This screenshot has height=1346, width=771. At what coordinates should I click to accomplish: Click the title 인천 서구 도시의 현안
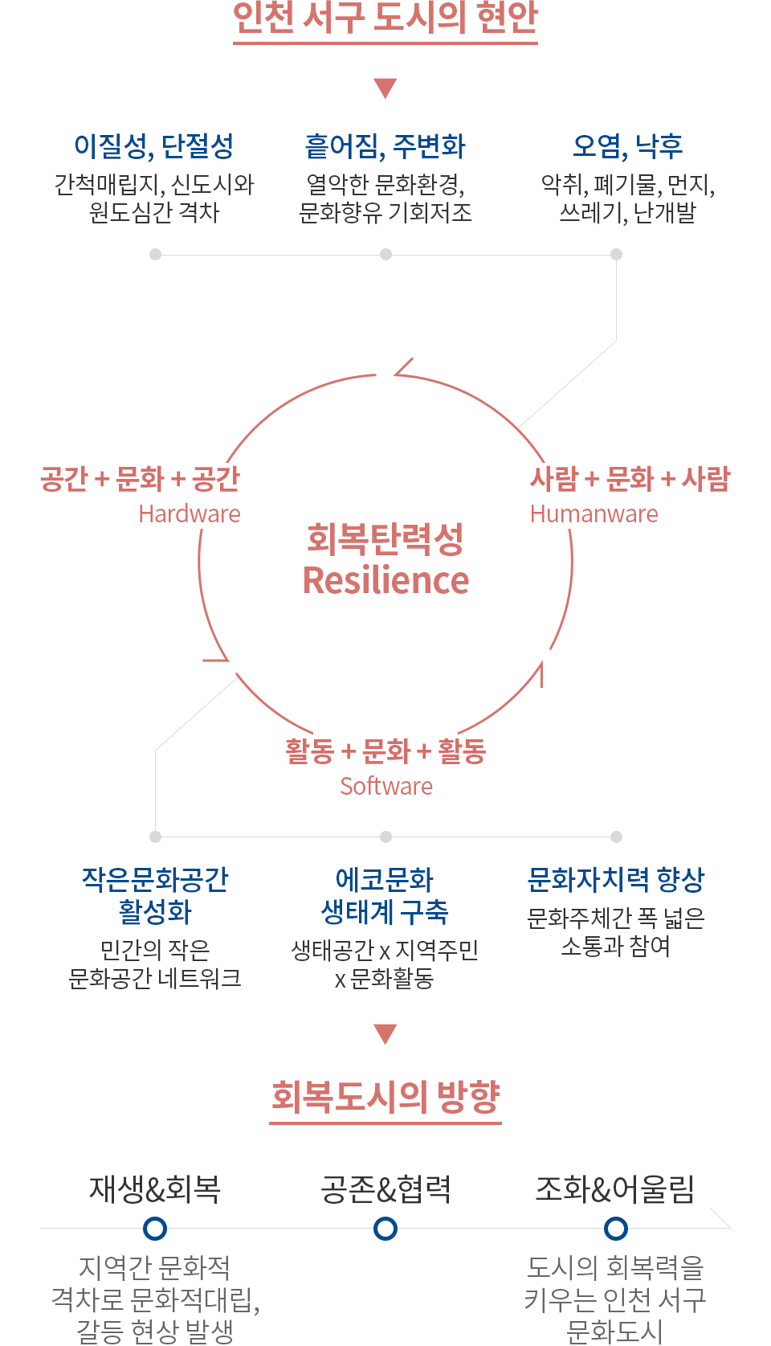[x=385, y=17]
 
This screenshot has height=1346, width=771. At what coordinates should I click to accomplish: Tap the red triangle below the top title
[x=385, y=88]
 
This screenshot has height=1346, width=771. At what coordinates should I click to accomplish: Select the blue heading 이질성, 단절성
[x=153, y=146]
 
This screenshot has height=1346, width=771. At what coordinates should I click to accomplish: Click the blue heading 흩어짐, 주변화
[x=385, y=146]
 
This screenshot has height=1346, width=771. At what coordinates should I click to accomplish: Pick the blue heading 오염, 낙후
[x=627, y=146]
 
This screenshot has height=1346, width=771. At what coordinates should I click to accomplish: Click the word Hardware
[x=190, y=513]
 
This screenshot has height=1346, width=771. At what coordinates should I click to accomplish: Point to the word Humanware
[x=594, y=513]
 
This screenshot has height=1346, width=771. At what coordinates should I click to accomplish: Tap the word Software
[x=386, y=786]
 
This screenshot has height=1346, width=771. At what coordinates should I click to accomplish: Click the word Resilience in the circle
[x=385, y=580]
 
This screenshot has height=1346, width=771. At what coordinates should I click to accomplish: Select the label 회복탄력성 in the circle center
[x=385, y=539]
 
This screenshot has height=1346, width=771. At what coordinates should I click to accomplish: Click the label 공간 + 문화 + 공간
[x=140, y=479]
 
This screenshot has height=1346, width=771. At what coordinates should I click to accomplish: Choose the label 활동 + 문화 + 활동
[x=385, y=751]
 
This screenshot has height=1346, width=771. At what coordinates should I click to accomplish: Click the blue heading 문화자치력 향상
[x=616, y=880]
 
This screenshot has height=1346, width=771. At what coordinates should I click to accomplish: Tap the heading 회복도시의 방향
[x=385, y=1096]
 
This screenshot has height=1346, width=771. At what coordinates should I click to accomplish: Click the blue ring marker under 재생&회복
[x=155, y=1228]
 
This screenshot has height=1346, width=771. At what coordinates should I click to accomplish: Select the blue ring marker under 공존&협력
[x=385, y=1228]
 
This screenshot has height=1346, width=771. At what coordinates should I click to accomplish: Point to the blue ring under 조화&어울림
[x=616, y=1228]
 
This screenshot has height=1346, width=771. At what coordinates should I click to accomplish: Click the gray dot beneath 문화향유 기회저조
[x=386, y=254]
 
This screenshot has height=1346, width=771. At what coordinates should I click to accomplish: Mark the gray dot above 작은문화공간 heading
[x=156, y=837]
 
